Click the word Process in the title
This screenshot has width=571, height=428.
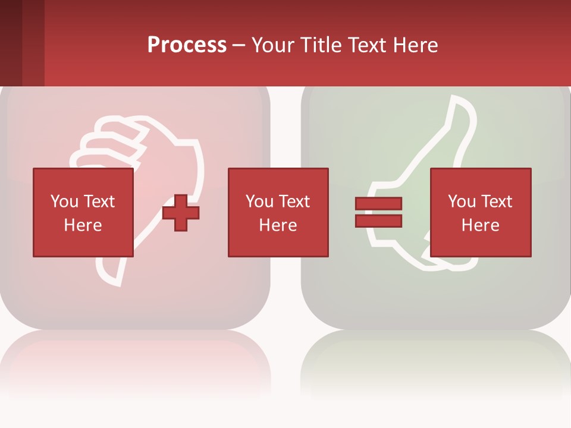tap(187, 45)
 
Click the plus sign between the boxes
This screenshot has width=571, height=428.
tap(181, 213)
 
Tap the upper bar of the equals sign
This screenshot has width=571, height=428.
tap(378, 203)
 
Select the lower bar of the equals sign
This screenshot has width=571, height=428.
tap(378, 221)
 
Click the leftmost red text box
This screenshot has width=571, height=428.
tap(83, 212)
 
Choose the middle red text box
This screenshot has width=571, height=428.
tap(278, 212)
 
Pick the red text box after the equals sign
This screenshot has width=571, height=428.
tap(480, 212)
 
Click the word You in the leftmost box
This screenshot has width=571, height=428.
tap(64, 202)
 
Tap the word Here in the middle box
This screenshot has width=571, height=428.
tap(278, 225)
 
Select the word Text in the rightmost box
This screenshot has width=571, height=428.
tap(495, 202)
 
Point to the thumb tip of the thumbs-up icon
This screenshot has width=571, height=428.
tap(462, 104)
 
